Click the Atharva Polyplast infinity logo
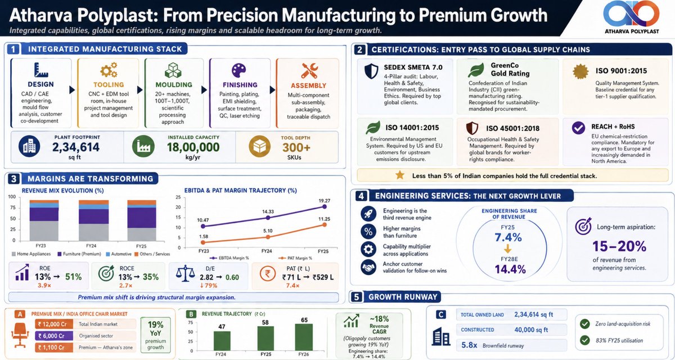[631, 14]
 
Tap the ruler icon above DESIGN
[40, 70]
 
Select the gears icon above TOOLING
[109, 70]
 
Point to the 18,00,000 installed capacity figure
[193, 147]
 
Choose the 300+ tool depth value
[296, 147]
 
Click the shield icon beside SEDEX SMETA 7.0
[371, 71]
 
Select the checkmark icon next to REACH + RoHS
[578, 128]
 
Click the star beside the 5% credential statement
[400, 175]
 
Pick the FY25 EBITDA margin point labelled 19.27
[324, 206]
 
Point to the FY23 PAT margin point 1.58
[203, 242]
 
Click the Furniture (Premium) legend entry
[79, 254]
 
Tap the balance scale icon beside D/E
[185, 273]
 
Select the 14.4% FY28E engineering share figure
[510, 269]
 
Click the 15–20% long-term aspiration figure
[619, 246]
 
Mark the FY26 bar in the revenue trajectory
[304, 337]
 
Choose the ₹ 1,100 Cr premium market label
[54, 348]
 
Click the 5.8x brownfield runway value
[469, 345]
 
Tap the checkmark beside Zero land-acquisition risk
[585, 324]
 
